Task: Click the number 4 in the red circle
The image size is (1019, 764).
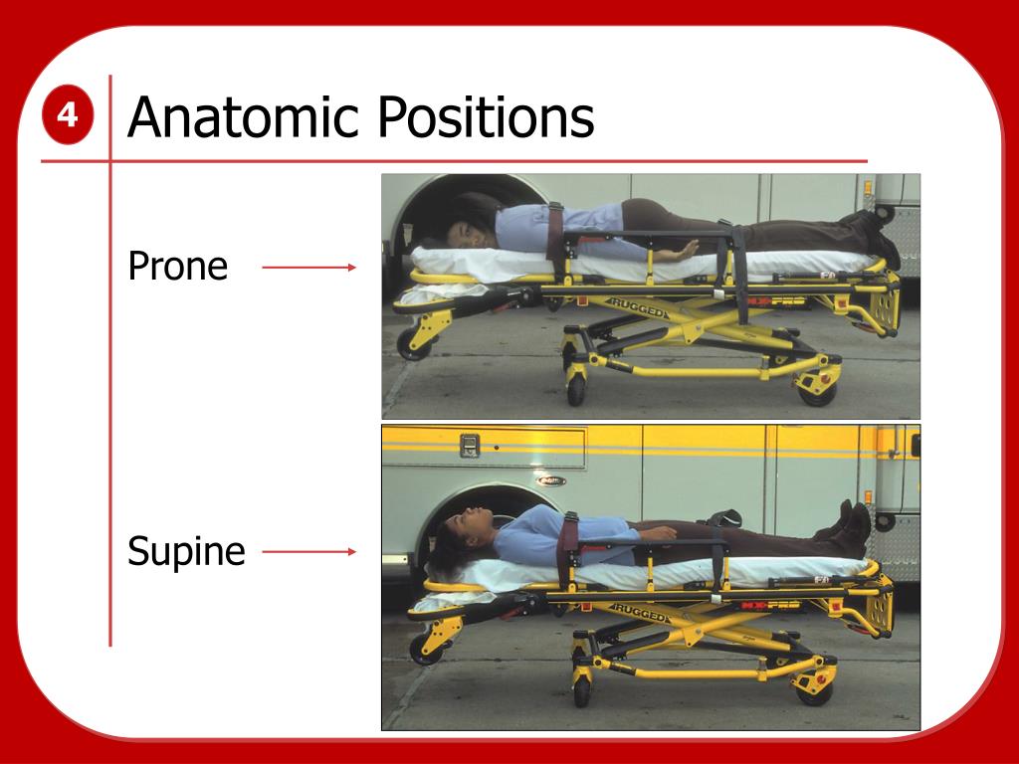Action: pos(68,116)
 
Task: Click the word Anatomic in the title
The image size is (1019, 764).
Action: pos(243,117)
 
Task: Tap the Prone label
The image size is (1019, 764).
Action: pos(178,267)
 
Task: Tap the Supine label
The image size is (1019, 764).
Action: pos(186,551)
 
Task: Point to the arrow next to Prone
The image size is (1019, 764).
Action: pos(308,267)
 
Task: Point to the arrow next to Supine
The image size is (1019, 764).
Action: pos(308,551)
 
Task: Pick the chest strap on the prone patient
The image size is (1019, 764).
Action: pos(555,231)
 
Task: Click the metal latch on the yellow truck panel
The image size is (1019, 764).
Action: pos(470,446)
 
